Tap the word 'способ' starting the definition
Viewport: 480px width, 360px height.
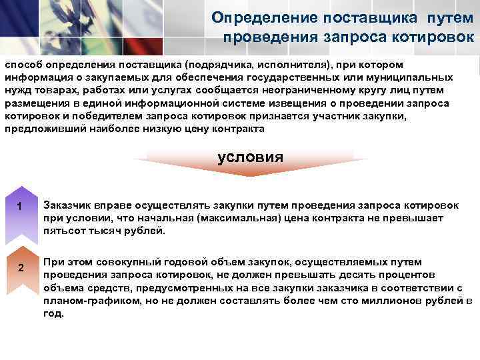click(x=23, y=65)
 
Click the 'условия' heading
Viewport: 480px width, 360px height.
click(x=250, y=157)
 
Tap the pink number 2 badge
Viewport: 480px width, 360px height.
click(x=21, y=268)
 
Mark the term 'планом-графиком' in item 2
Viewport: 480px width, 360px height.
click(x=84, y=301)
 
